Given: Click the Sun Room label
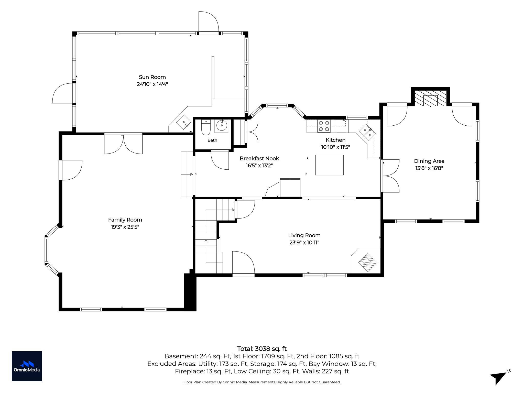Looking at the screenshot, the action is [x=152, y=77].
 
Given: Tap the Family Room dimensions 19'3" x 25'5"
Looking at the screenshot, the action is [x=125, y=227].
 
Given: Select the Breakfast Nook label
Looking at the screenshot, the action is [x=259, y=158].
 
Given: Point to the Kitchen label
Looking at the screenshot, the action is [x=335, y=140].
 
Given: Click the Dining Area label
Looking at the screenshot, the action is [x=429, y=161].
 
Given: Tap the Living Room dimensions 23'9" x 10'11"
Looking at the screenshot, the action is [x=304, y=243].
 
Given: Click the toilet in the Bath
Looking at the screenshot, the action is [x=206, y=127].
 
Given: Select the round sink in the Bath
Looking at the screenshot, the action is [x=221, y=126].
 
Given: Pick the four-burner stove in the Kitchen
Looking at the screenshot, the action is [x=324, y=126].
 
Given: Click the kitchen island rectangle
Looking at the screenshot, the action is [x=329, y=165].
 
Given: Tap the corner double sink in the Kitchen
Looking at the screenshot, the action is [x=367, y=132].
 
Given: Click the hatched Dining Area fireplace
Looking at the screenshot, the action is [x=430, y=98].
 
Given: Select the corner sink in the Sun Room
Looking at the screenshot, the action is [x=184, y=122].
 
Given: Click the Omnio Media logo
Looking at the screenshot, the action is [x=27, y=366].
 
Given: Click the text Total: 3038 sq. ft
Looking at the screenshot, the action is [x=262, y=349].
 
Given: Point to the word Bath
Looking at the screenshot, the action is [x=212, y=140].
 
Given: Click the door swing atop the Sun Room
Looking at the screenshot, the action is [x=209, y=23].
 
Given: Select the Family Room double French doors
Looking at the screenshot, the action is [x=123, y=144].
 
